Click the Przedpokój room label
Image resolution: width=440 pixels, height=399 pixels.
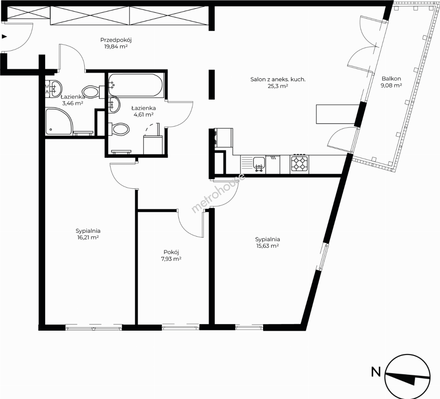(116, 40)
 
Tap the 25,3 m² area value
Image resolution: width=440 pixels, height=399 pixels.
(278, 86)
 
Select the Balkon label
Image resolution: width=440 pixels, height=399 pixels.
(391, 79)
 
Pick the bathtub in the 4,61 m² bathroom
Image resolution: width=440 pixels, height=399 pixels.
(135, 85)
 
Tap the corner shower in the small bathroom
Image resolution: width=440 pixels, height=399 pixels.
(59, 122)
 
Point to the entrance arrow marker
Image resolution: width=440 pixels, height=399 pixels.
(4, 36)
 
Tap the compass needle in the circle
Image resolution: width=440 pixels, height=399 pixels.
(407, 378)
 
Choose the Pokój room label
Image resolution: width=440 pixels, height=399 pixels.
(171, 252)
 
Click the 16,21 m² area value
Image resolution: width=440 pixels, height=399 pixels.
(88, 238)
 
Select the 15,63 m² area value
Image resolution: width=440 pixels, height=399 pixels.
(267, 246)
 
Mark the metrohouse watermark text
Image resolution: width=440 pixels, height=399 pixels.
(218, 193)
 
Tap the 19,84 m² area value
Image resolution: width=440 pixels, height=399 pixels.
(116, 47)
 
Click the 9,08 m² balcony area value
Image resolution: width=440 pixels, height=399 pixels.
(391, 85)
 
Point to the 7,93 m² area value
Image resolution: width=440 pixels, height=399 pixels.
(171, 259)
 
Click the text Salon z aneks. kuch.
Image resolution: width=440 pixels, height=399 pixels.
(278, 79)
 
